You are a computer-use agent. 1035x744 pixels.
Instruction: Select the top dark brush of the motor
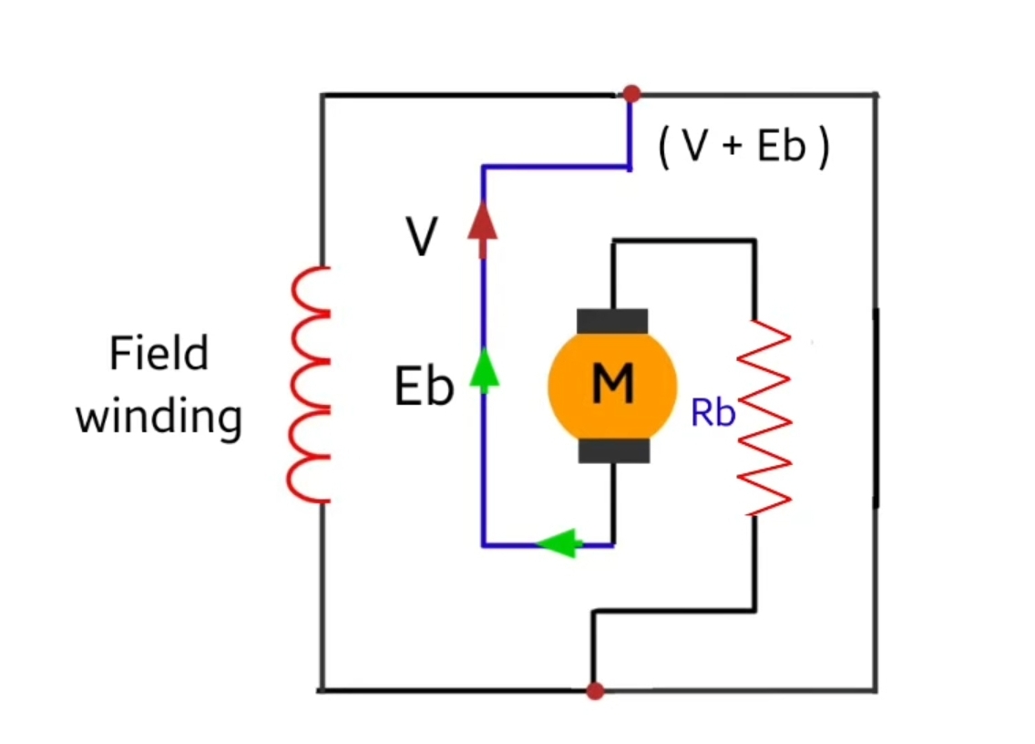point(612,321)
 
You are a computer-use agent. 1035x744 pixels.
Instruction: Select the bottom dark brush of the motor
point(612,449)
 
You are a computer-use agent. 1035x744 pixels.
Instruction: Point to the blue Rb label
point(712,413)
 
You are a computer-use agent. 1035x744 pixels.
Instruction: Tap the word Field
point(159,354)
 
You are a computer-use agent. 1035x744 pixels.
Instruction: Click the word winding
point(159,417)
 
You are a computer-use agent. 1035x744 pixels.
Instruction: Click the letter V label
point(422,239)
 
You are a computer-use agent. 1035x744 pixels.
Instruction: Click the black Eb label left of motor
point(424,387)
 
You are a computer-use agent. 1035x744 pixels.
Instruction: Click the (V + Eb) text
point(743,147)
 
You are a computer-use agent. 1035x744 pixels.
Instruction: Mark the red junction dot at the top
point(631,94)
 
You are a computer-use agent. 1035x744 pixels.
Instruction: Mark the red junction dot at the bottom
point(595,691)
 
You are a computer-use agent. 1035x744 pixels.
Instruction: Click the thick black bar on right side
point(876,408)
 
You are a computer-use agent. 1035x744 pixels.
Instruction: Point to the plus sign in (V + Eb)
point(733,149)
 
